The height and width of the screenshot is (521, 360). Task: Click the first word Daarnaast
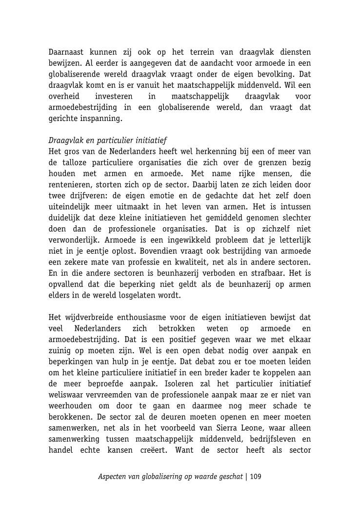coord(67,52)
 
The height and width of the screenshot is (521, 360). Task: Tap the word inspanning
coord(102,119)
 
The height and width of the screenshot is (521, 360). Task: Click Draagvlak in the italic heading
coord(66,141)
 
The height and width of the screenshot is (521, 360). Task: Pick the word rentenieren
coord(68,185)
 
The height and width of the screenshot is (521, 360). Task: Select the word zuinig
coord(60,351)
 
